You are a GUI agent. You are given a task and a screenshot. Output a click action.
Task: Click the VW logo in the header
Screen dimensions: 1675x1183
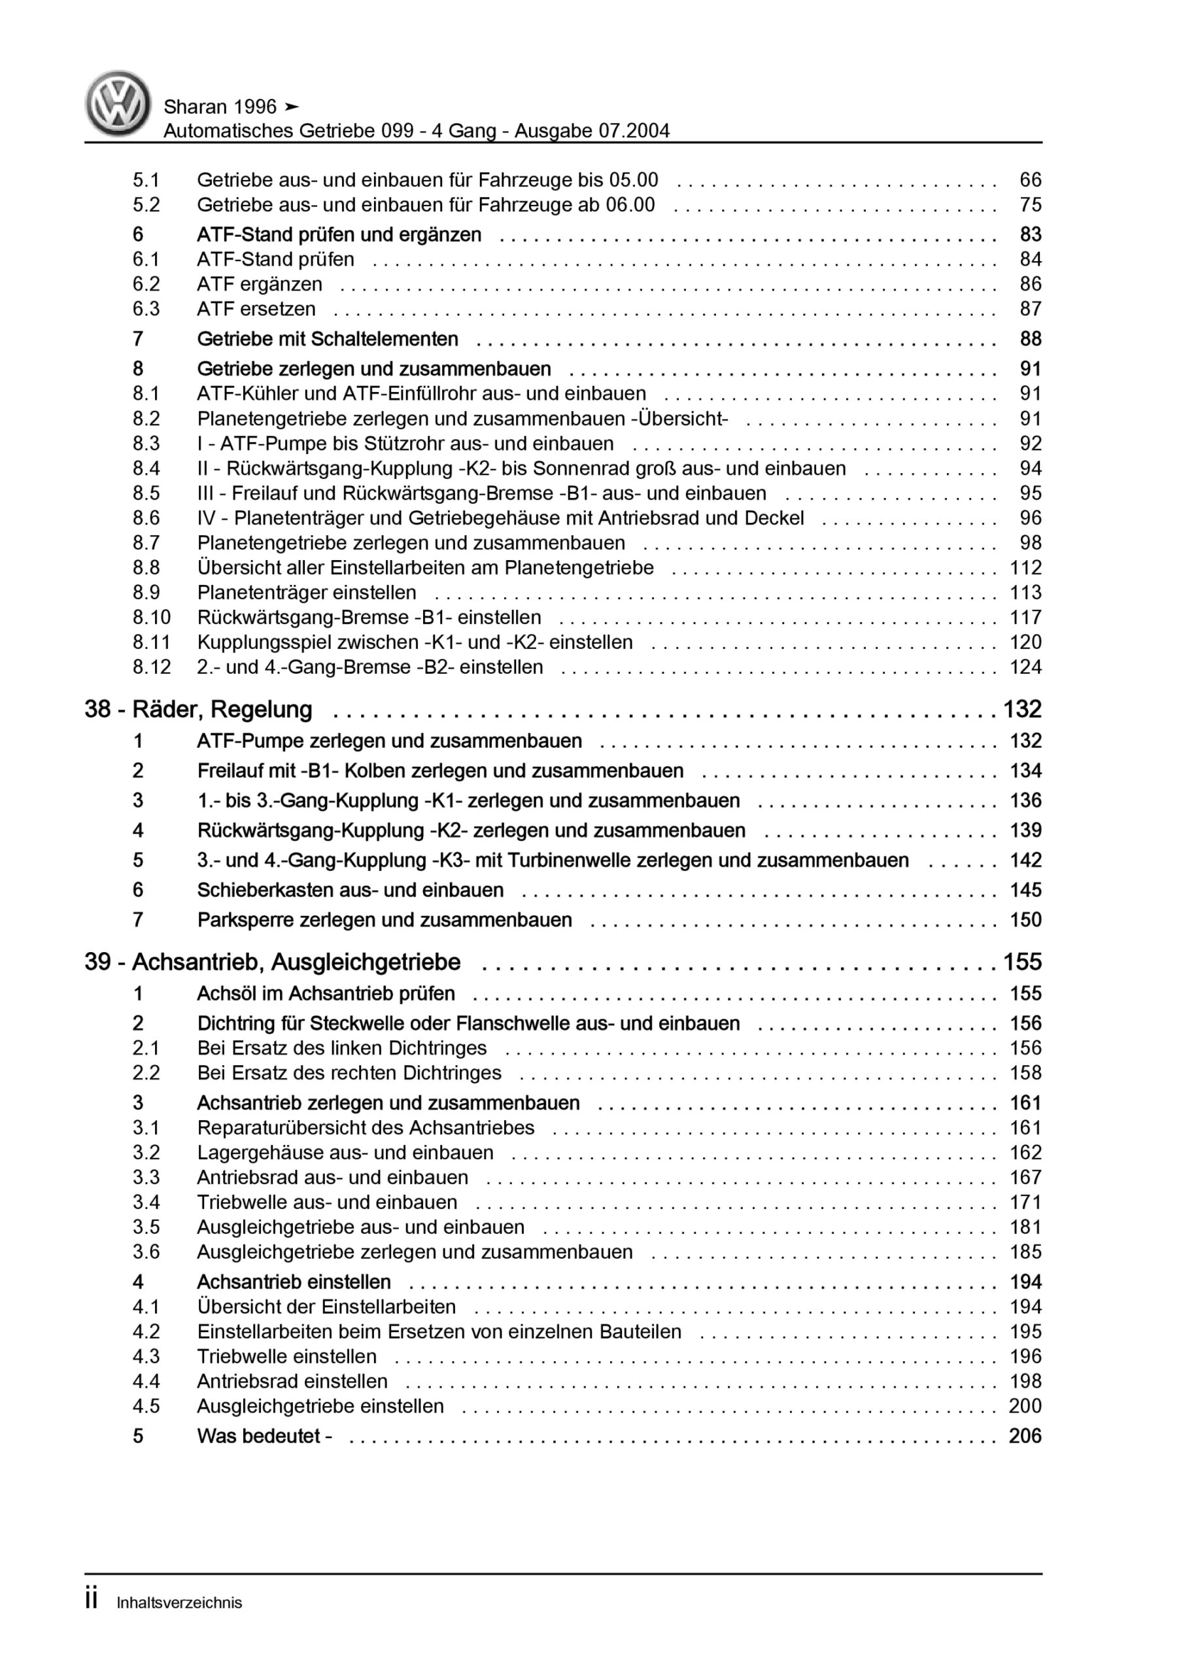click(118, 103)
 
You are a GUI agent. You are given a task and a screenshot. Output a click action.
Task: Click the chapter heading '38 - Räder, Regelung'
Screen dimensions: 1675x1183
click(198, 709)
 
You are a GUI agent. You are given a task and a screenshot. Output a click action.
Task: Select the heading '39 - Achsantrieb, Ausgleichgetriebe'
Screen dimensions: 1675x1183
click(272, 962)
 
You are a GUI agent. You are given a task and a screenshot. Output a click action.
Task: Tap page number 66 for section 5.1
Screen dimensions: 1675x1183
click(1030, 180)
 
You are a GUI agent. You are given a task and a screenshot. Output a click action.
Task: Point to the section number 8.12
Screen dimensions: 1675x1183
click(152, 667)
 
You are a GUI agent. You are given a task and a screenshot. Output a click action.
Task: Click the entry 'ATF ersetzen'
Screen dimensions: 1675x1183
click(256, 309)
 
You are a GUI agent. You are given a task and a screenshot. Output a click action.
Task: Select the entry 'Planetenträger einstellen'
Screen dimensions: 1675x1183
click(306, 592)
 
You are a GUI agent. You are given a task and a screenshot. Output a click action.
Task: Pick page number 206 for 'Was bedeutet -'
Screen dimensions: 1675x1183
click(1025, 1436)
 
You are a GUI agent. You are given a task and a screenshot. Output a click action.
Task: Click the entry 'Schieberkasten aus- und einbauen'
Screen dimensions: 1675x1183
click(350, 890)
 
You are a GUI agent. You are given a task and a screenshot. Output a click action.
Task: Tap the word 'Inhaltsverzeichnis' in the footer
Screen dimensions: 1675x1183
click(179, 1603)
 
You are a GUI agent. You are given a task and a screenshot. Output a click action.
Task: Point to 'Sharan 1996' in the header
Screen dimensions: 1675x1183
click(220, 107)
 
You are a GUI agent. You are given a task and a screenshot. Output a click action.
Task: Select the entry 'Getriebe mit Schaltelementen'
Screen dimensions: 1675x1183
click(328, 339)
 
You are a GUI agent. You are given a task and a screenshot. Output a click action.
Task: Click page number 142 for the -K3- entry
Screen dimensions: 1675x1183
click(1025, 860)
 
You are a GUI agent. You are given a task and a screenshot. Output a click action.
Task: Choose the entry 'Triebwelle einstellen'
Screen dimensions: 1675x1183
click(286, 1356)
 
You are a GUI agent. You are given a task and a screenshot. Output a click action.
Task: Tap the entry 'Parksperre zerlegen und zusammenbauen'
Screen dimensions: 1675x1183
click(385, 920)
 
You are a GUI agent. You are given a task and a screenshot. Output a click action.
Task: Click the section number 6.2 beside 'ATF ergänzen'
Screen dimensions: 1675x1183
click(146, 284)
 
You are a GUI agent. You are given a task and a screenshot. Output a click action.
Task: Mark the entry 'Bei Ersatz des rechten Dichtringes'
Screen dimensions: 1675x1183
click(349, 1073)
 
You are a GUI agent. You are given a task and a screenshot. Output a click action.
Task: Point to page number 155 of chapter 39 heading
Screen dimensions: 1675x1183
click(1022, 962)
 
